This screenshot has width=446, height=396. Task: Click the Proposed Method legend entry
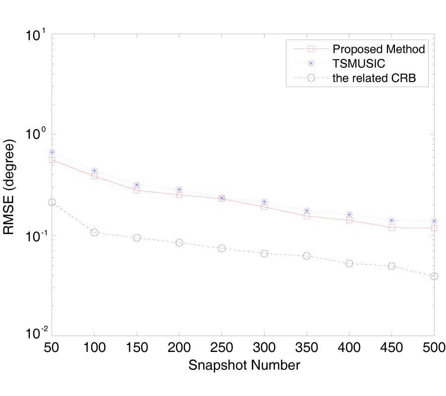[x=379, y=49]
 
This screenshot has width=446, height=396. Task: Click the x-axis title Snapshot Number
[x=243, y=366]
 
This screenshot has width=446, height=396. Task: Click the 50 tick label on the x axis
[x=52, y=346]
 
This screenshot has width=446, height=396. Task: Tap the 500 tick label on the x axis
[x=434, y=346]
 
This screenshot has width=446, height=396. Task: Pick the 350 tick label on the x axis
[x=307, y=346]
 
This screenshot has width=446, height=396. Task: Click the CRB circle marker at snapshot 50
[x=52, y=202]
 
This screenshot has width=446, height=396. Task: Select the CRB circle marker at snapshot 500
[x=434, y=276]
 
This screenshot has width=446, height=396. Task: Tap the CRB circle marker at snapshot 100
[x=94, y=232]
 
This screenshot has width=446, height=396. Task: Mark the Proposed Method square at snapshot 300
[x=264, y=206]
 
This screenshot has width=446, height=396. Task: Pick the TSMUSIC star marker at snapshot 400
[x=349, y=214]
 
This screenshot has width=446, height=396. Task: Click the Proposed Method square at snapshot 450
[x=392, y=227]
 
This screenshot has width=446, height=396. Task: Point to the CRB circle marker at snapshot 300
[x=264, y=253]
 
